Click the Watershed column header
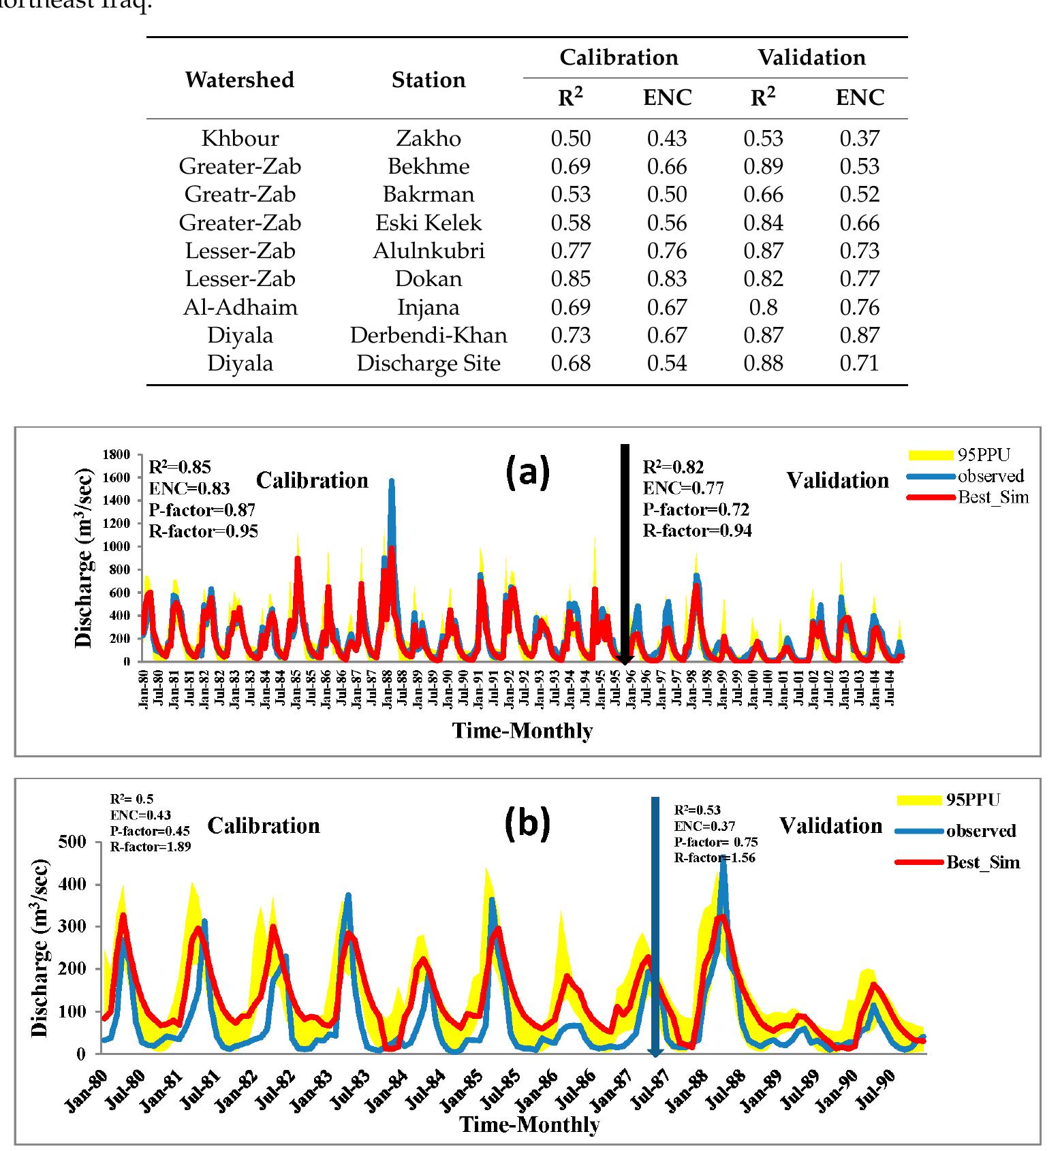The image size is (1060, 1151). click(x=239, y=80)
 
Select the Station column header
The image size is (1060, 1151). click(x=428, y=80)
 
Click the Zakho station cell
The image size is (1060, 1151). click(x=428, y=138)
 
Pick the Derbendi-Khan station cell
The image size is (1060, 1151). click(x=428, y=335)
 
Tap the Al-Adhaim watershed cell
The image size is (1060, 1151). click(x=240, y=307)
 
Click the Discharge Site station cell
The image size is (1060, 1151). click(x=428, y=363)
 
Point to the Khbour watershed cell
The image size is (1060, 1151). click(x=240, y=138)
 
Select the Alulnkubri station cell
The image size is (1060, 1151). click(x=428, y=251)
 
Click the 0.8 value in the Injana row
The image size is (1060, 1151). click(x=762, y=307)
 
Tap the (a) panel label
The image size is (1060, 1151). click(x=527, y=472)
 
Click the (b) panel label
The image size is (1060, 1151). click(x=527, y=823)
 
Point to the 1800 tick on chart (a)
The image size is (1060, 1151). click(x=116, y=454)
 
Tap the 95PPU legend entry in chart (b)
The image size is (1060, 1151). click(x=973, y=800)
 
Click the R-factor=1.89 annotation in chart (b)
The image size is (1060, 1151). click(x=150, y=847)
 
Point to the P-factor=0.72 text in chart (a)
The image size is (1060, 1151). click(x=697, y=509)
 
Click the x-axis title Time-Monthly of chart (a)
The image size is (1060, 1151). click(x=522, y=731)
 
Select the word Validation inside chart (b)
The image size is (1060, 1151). click(x=830, y=826)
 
